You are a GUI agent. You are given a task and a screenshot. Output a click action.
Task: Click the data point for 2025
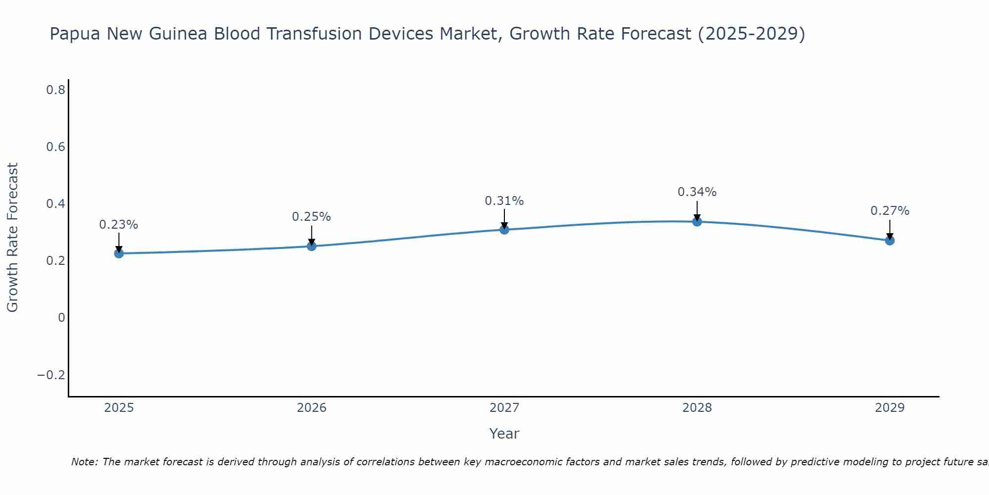(x=119, y=253)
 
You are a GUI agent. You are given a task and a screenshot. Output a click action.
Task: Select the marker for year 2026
(x=312, y=246)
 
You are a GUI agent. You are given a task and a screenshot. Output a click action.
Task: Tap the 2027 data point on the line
(x=504, y=229)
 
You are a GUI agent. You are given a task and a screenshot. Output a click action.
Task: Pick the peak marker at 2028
(x=697, y=221)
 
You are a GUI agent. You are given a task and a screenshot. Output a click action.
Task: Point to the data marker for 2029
(x=890, y=241)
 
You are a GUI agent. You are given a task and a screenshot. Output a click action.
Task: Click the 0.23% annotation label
(x=119, y=225)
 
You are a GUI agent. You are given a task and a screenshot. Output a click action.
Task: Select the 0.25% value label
(x=312, y=217)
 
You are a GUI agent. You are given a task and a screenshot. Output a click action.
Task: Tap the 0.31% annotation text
(x=504, y=201)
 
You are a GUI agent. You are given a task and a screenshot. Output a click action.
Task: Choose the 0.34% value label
(x=697, y=192)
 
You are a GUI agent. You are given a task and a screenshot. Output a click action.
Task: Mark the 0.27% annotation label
(x=890, y=211)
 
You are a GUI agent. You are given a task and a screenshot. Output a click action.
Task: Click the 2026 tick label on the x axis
(x=312, y=408)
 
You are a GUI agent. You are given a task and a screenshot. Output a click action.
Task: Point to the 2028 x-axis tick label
(x=697, y=408)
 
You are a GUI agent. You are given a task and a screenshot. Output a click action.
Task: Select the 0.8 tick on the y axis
(x=55, y=90)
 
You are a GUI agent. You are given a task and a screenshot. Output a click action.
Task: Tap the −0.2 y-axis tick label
(x=51, y=375)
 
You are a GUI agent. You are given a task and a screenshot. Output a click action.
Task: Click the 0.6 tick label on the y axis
(x=55, y=147)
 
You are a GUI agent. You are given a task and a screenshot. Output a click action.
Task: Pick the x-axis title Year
(x=504, y=434)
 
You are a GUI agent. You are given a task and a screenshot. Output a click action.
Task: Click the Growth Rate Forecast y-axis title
(x=13, y=237)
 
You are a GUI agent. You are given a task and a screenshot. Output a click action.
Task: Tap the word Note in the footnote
(x=84, y=462)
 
